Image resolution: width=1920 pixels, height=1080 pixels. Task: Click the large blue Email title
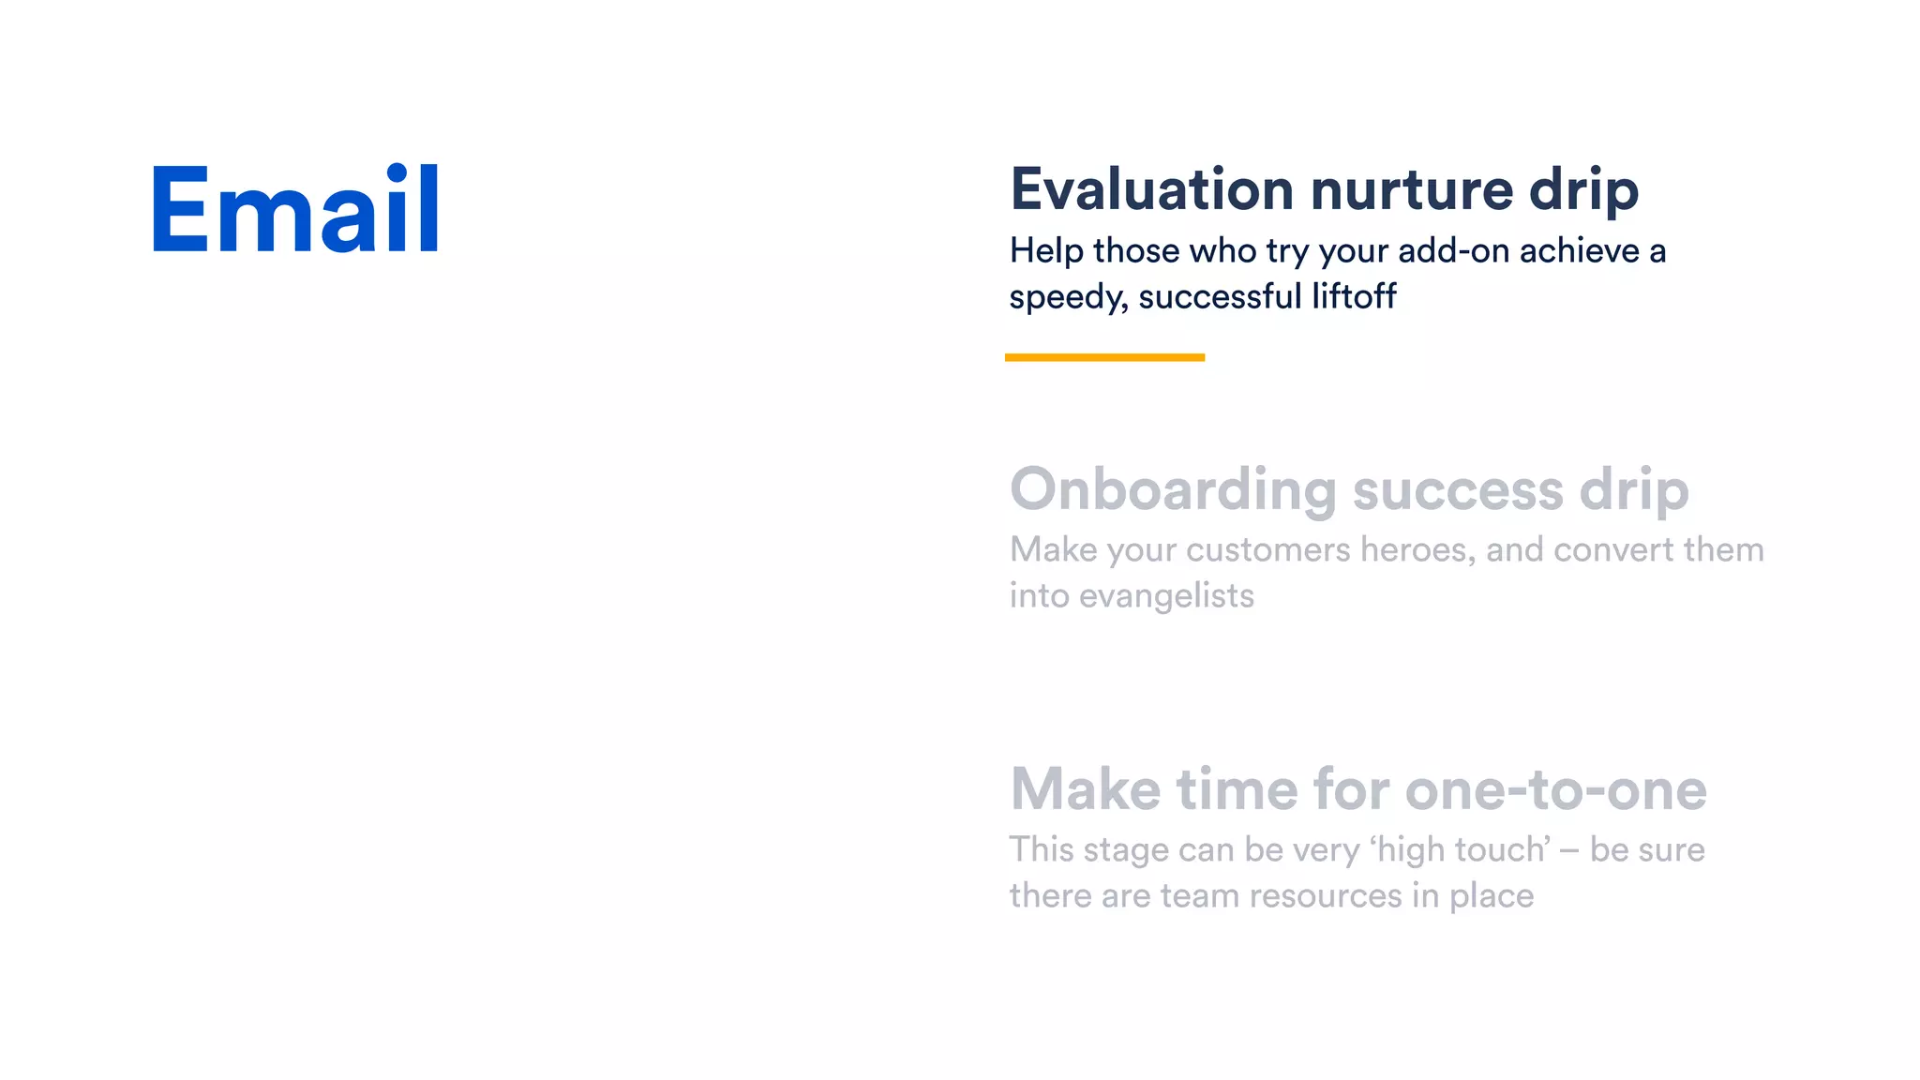point(295,209)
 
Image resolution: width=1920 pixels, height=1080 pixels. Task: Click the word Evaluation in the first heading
point(1152,190)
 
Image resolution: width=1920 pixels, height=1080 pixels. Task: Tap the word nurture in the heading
point(1412,190)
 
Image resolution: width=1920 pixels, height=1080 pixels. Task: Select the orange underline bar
point(1104,357)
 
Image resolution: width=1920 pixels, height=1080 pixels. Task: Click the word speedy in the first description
point(1068,298)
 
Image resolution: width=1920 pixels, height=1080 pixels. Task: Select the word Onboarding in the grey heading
point(1173,491)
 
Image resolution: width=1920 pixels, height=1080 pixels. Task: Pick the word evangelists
point(1166,596)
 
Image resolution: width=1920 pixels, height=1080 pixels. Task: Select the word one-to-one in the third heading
point(1555,789)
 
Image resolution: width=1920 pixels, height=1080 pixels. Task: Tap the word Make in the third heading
point(1085,789)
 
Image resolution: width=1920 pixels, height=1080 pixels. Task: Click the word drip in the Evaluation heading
point(1583,190)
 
